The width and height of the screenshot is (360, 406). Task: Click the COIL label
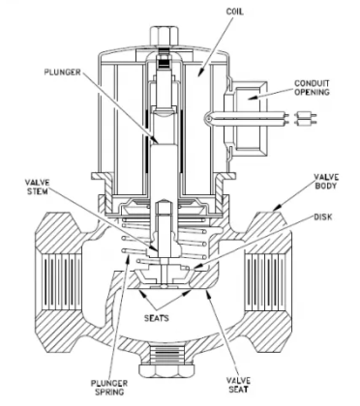tap(234, 12)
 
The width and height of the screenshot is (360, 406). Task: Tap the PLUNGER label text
tap(62, 72)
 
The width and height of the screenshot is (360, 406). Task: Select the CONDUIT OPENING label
tap(312, 88)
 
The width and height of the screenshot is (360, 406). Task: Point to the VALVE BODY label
tap(326, 182)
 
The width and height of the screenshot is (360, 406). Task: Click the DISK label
tap(323, 217)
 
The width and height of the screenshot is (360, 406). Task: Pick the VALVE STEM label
tap(37, 187)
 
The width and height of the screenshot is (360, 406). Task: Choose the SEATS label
tap(157, 318)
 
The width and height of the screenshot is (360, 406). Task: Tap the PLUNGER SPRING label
tap(109, 388)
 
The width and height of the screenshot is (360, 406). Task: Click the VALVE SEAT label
tap(238, 385)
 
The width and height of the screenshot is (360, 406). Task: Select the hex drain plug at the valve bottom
tap(164, 371)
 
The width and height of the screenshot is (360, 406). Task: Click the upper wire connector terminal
tap(306, 115)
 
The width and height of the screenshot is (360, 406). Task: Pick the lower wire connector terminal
tap(306, 123)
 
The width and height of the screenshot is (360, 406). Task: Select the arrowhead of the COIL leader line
tap(201, 72)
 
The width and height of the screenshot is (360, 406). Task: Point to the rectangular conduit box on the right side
tap(249, 118)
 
